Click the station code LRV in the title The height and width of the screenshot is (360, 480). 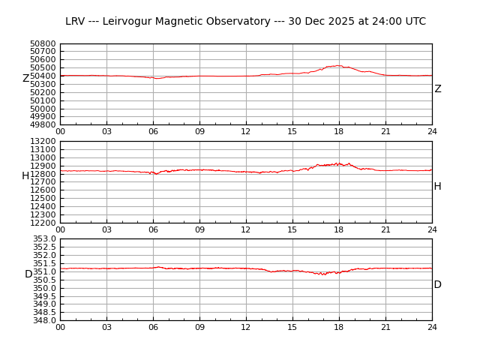coord(76,22)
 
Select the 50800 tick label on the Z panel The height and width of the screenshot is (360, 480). coord(43,43)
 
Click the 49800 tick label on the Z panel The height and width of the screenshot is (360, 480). coord(43,125)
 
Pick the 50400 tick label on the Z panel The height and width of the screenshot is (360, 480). coord(43,76)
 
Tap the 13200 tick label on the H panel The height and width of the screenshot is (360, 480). coord(43,141)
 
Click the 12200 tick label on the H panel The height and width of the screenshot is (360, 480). coord(43,223)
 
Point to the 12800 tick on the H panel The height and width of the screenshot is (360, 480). coord(43,174)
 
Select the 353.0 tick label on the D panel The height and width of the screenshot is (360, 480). coord(45,238)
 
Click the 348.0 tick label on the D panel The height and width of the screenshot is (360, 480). coord(45,320)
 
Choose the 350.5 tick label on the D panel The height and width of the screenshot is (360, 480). coord(45,280)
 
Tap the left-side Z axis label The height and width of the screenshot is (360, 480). coord(25,79)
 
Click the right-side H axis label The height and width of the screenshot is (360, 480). coord(437,187)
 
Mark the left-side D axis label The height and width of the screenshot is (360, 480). coord(28,274)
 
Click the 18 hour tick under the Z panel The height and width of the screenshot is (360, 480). coord(339,132)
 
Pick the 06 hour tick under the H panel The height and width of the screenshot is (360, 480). coord(153,229)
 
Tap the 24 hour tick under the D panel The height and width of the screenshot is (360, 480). coord(432,327)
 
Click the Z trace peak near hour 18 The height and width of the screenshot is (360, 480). coord(339,66)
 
